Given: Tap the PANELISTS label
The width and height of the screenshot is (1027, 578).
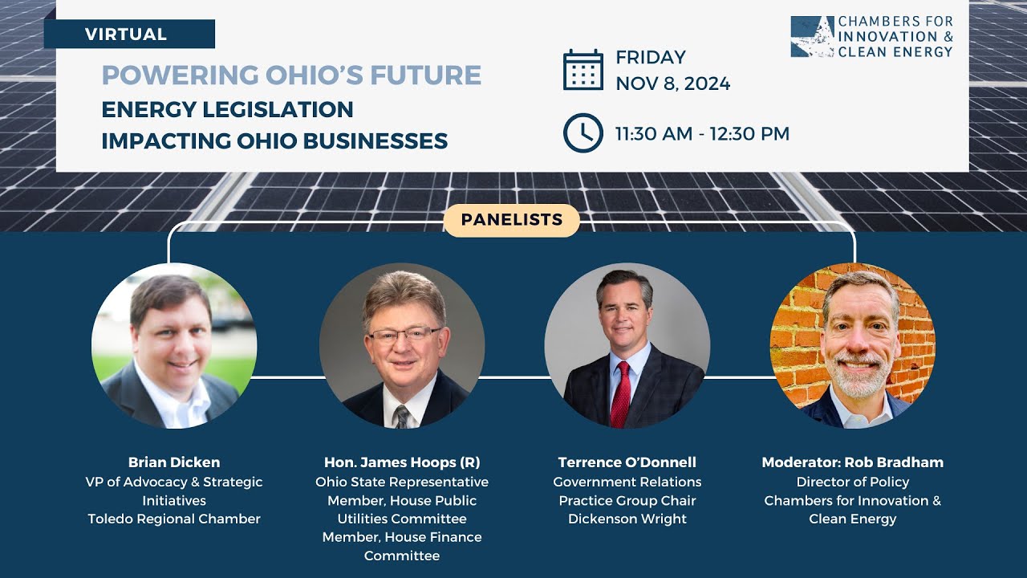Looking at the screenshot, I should [x=512, y=220].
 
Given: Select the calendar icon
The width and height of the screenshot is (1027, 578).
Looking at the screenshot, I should [x=583, y=70].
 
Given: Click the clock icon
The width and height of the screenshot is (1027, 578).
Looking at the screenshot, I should [x=583, y=133].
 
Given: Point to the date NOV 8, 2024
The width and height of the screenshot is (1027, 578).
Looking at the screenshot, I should [x=672, y=83].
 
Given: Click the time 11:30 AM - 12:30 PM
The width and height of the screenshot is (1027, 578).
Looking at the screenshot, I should [x=702, y=134].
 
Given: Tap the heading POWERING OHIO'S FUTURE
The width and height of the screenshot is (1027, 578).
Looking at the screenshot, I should [x=291, y=75].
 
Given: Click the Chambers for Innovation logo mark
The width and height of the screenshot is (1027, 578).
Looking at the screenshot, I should [x=812, y=37].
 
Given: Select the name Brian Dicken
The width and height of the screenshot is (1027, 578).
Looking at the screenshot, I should [x=174, y=462].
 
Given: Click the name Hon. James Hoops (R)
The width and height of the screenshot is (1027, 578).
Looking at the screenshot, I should [x=402, y=462].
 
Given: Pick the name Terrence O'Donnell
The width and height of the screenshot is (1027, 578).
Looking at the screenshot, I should [x=627, y=462].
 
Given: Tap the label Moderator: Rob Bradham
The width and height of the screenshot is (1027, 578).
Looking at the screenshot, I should [x=852, y=462].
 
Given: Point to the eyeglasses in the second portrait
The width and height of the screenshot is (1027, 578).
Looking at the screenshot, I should [x=404, y=334].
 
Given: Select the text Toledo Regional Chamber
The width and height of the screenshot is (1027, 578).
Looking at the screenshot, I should [x=174, y=519].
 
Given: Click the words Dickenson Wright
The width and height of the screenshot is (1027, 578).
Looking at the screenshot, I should [x=627, y=519].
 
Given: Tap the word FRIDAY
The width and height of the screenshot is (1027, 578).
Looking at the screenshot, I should [x=651, y=58].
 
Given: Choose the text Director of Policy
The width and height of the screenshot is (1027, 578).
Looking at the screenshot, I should [x=852, y=482].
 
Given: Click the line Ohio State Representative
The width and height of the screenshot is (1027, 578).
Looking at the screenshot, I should [x=402, y=482].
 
